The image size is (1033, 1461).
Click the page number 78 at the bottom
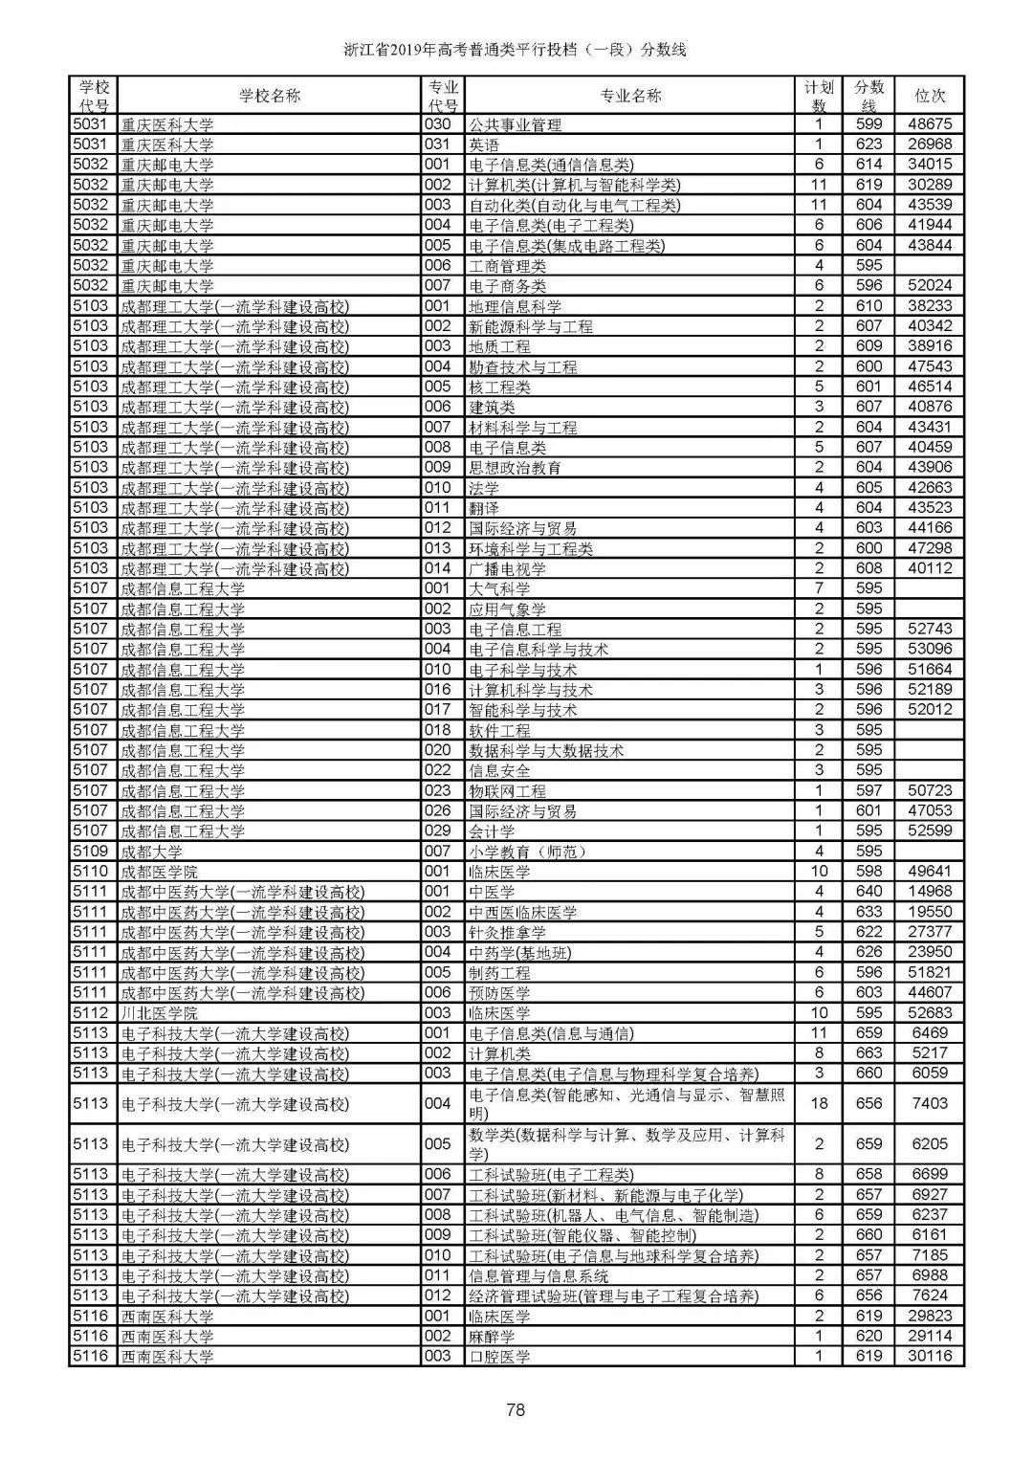516,1408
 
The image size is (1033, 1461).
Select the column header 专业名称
630,96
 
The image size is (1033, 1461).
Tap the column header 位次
930,96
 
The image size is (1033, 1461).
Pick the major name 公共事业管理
515,125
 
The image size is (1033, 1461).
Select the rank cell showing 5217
930,1053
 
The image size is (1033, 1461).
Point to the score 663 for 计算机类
868,1053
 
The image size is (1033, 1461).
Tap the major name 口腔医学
499,1357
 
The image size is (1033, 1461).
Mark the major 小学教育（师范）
527,852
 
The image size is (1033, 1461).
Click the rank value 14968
930,892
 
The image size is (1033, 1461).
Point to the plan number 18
819,1103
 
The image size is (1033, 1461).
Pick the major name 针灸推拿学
507,932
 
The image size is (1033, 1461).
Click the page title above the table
516,50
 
